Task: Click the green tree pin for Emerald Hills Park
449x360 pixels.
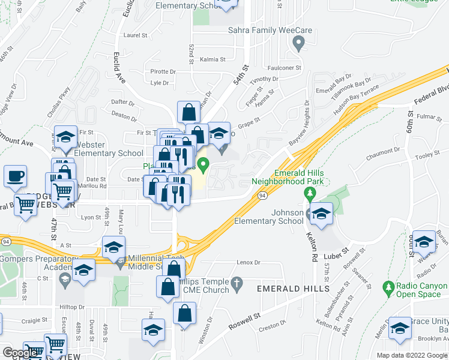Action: tap(310, 194)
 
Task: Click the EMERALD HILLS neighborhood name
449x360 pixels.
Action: tap(292, 289)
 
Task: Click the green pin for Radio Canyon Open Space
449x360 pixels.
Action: tap(390, 289)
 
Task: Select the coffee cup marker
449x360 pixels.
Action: tap(15, 176)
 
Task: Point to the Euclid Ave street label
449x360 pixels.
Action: tap(118, 66)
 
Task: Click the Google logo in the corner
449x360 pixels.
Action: tap(20, 353)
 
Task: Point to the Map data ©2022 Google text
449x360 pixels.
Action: tap(412, 355)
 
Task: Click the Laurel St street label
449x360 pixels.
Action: tap(135, 35)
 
